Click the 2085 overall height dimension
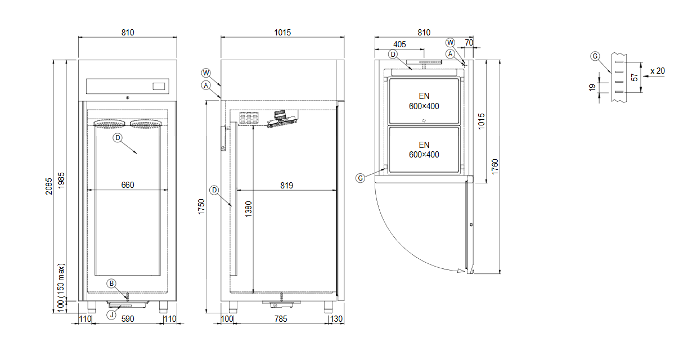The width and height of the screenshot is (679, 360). point(49,186)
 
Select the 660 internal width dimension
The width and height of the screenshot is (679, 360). point(128,185)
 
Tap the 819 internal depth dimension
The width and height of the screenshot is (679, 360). point(286,186)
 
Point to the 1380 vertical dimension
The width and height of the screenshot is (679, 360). point(248,209)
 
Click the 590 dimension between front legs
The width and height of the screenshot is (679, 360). point(128,319)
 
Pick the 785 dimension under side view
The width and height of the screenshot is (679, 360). point(281,319)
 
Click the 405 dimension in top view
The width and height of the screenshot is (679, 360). point(399,44)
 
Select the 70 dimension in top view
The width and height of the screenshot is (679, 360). point(469,43)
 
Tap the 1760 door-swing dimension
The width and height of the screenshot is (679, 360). point(494,166)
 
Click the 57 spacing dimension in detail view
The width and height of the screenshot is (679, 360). point(634,77)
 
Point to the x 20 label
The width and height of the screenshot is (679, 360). point(658,71)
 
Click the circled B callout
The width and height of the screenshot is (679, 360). point(111,283)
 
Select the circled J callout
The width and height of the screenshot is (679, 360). point(111,315)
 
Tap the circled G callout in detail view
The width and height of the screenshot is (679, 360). point(595,56)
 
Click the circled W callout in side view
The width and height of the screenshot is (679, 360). point(206,73)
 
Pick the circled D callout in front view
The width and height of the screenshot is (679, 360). point(118,138)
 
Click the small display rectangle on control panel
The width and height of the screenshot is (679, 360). point(159,87)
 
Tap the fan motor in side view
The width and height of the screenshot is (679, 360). point(280,115)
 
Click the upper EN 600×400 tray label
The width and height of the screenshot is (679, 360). point(424,101)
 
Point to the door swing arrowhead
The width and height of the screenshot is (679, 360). point(461,271)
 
